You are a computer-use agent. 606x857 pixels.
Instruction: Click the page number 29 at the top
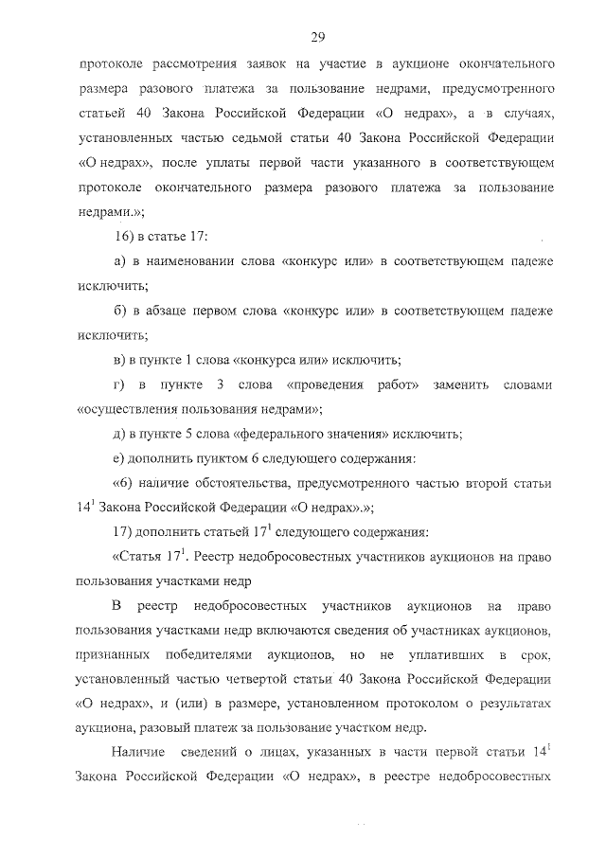pos(317,37)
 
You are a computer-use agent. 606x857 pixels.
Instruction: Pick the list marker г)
pos(118,385)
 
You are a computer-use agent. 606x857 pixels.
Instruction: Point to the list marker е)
pos(118,459)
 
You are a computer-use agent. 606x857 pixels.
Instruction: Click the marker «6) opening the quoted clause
pos(120,485)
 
